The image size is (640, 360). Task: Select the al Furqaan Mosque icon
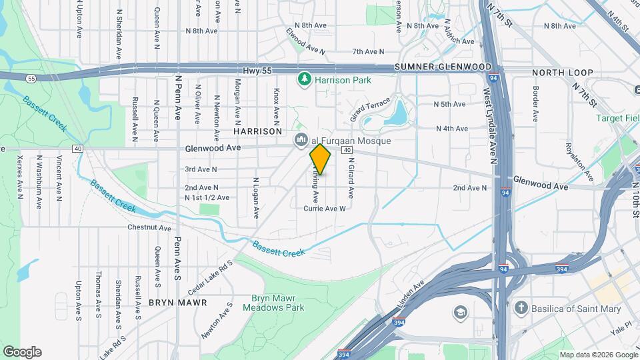(300, 140)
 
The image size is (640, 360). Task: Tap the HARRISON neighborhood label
(258, 131)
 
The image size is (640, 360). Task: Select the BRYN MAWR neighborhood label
(178, 302)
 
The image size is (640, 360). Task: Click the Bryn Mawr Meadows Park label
(277, 303)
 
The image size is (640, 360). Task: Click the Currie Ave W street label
(325, 208)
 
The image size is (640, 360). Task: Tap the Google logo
(22, 351)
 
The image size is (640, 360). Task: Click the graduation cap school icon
(460, 312)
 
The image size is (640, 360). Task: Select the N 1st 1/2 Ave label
(207, 197)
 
